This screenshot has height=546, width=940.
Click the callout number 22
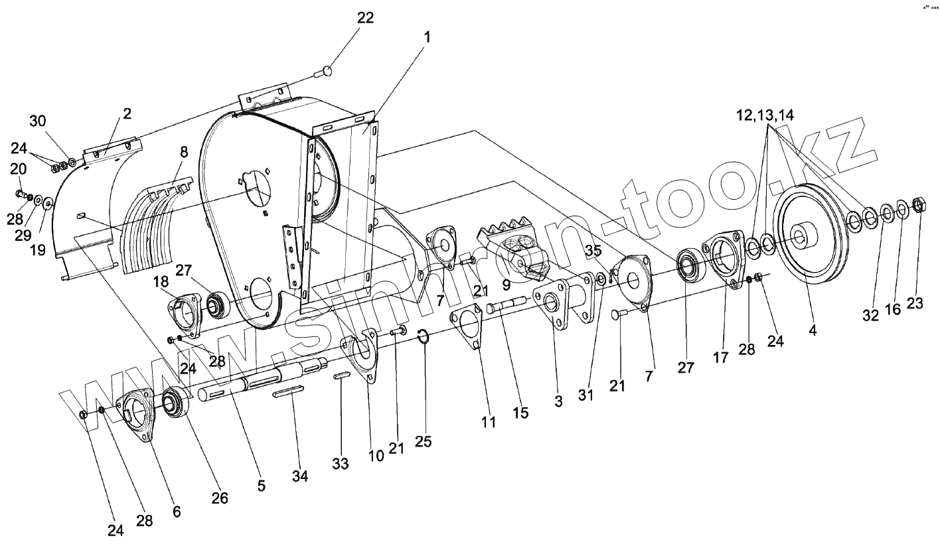[365, 18]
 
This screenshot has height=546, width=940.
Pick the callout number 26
[220, 498]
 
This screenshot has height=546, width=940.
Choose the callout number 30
[37, 121]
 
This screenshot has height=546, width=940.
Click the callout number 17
[721, 358]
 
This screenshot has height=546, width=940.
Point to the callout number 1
[428, 38]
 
